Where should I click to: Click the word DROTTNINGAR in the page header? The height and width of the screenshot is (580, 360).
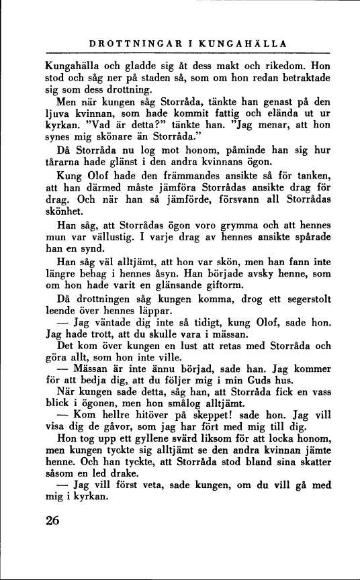129,44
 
